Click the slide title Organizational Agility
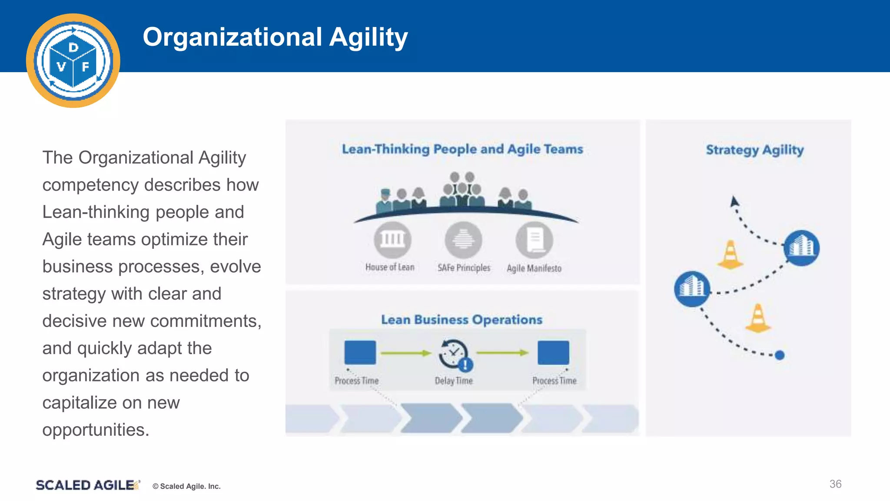point(275,37)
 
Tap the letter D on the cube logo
point(73,47)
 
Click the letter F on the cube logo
point(86,67)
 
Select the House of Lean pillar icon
point(392,240)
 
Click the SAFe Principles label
point(464,268)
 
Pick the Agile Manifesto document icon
point(534,240)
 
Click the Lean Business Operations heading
point(462,320)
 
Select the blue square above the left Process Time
point(360,352)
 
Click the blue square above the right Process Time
point(553,352)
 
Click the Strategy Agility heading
point(754,150)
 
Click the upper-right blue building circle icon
point(801,248)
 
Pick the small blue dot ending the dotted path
point(780,355)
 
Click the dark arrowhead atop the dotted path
point(734,201)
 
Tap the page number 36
point(835,484)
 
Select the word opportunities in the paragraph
point(95,430)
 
